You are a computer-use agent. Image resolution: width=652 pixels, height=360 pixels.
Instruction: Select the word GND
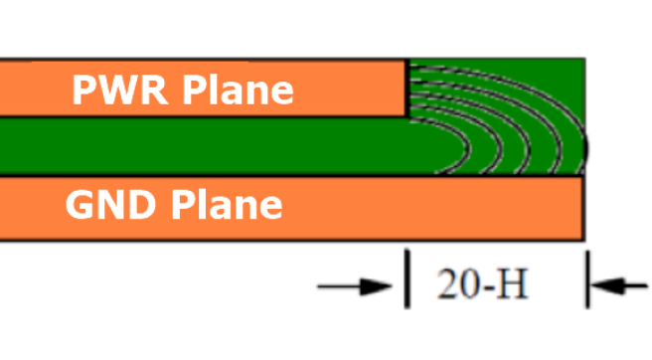click(x=110, y=205)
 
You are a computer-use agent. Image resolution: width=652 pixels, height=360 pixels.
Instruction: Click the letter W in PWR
click(x=113, y=90)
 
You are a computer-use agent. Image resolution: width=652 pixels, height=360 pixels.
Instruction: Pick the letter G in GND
click(x=81, y=205)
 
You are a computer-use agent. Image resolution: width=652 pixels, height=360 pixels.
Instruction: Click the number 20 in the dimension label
click(x=456, y=286)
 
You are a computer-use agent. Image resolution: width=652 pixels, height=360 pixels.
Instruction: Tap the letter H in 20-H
click(x=512, y=286)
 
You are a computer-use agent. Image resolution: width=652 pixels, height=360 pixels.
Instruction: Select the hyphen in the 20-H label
click(x=487, y=288)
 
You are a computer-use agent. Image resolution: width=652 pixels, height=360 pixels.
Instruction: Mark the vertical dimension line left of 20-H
click(x=407, y=278)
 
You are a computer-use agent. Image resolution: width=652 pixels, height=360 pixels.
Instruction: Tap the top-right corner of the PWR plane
click(x=407, y=62)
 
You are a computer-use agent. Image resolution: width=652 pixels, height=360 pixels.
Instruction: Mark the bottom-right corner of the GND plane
click(x=581, y=239)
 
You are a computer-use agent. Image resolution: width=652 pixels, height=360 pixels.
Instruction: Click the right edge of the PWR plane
click(x=407, y=89)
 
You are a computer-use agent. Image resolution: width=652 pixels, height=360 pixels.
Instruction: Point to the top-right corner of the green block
click(x=582, y=60)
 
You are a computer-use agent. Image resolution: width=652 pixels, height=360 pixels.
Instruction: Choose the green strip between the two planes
click(x=199, y=146)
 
